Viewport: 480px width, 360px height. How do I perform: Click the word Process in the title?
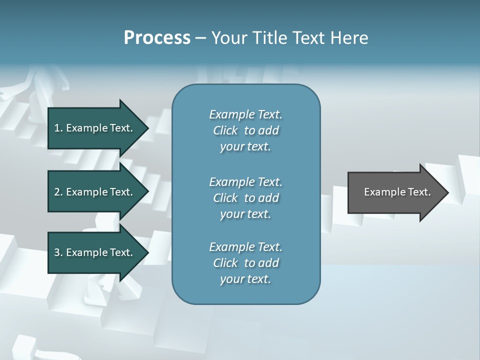tap(157, 38)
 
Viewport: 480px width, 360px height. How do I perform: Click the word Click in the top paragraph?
tap(225, 130)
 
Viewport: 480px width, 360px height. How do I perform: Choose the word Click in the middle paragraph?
tap(225, 198)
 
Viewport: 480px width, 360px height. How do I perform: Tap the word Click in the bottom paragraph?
tap(225, 263)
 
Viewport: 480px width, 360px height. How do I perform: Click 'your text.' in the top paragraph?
tap(245, 147)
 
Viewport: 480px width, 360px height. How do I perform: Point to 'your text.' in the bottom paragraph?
tap(245, 279)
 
